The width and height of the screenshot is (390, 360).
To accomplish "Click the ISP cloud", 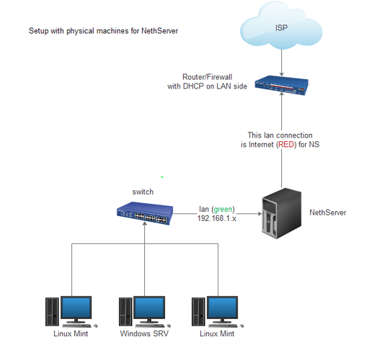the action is tap(281, 26).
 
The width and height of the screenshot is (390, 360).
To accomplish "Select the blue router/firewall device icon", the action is tap(282, 85).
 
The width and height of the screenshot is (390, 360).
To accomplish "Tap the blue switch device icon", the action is tap(145, 213).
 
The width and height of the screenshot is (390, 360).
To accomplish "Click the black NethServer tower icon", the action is tap(281, 213).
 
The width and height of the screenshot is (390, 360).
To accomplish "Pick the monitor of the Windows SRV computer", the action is tap(149, 310).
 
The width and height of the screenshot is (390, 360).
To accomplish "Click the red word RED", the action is tap(286, 145).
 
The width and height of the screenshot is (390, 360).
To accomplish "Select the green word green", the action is tap(223, 210).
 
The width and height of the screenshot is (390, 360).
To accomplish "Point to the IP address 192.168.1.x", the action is tap(217, 218).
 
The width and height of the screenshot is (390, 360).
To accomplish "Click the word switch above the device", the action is tap(143, 192).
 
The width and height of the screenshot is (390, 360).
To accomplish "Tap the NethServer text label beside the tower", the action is tap(327, 212).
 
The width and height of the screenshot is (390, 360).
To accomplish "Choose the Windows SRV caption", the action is tap(144, 333).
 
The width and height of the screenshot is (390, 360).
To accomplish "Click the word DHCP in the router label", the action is tap(193, 86).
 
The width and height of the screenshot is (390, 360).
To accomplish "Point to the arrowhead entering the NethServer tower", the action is tap(260, 213).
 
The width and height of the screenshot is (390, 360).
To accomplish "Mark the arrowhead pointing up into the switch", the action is tap(144, 224).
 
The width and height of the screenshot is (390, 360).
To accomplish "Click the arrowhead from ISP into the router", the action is tap(282, 74).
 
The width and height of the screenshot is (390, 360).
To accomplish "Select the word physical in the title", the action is tap(80, 31).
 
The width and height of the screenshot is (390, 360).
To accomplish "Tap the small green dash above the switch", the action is tap(162, 177).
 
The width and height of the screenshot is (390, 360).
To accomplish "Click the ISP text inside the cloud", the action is tap(281, 28).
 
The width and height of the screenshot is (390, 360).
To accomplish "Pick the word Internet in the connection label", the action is tap(261, 145).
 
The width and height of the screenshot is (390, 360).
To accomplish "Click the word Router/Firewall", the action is tap(207, 77).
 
